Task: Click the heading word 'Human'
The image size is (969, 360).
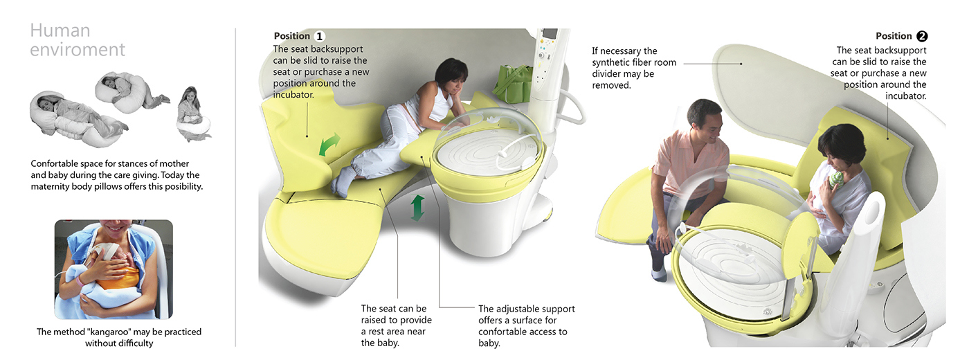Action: tap(60, 31)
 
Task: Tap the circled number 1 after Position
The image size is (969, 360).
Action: tap(319, 36)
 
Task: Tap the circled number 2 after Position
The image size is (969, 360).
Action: tap(921, 37)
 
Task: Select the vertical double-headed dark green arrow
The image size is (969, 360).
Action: tap(417, 208)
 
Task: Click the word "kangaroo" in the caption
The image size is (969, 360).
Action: tap(107, 332)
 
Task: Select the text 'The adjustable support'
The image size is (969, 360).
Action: tap(526, 309)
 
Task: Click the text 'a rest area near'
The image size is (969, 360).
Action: tap(396, 331)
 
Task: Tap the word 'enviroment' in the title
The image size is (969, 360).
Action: tap(78, 50)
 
